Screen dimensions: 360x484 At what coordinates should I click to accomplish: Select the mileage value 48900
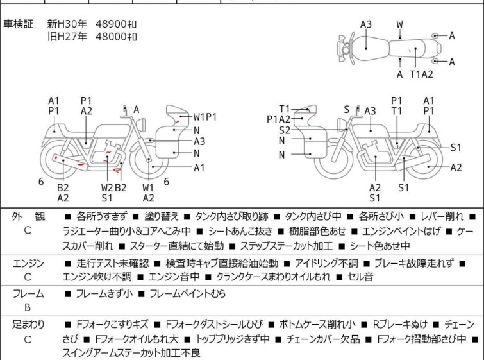[110, 24]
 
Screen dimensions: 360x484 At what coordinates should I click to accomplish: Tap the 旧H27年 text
[68, 37]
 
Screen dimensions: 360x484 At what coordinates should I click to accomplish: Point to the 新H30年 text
[68, 24]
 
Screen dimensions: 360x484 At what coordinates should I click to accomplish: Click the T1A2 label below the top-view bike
[421, 74]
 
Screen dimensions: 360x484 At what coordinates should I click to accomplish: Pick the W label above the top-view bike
[399, 24]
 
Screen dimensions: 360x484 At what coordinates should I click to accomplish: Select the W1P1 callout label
[206, 117]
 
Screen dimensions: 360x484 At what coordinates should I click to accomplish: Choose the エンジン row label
[28, 263]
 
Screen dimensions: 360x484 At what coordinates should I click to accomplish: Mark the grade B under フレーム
[28, 307]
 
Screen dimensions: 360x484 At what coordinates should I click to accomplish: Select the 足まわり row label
[28, 325]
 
